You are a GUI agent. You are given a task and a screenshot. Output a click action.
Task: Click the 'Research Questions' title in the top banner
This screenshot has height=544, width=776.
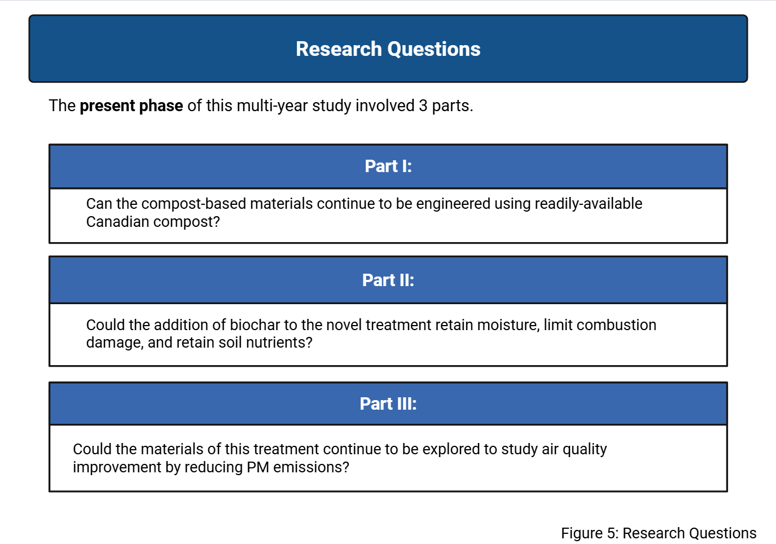[x=388, y=49]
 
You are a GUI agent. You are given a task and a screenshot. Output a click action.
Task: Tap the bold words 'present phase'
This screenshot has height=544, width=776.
[x=131, y=106]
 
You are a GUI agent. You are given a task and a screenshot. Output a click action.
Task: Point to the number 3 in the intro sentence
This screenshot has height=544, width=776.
[x=423, y=106]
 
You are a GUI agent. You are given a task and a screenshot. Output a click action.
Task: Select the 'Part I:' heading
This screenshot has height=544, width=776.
[x=388, y=166]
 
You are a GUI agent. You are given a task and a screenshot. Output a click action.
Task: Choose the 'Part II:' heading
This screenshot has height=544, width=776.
[x=388, y=280]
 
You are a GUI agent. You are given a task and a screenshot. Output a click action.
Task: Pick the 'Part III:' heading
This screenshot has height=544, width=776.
[x=388, y=403]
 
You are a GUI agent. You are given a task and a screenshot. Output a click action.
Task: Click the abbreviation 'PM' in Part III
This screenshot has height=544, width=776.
[x=258, y=467]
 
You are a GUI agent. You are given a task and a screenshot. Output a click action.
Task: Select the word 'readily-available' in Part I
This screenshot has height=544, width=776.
[x=589, y=204]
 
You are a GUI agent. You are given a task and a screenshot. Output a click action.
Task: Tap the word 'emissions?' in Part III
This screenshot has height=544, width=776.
[x=311, y=467]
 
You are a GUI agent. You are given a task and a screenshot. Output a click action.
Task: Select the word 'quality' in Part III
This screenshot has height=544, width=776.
[x=585, y=449]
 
